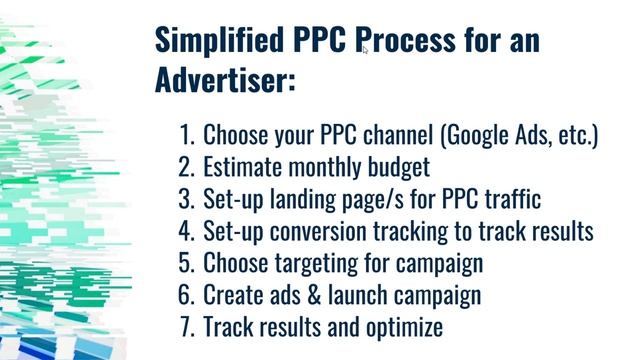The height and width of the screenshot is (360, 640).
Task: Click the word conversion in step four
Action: pyautogui.click(x=321, y=231)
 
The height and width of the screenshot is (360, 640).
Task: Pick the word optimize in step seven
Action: pyautogui.click(x=398, y=327)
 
